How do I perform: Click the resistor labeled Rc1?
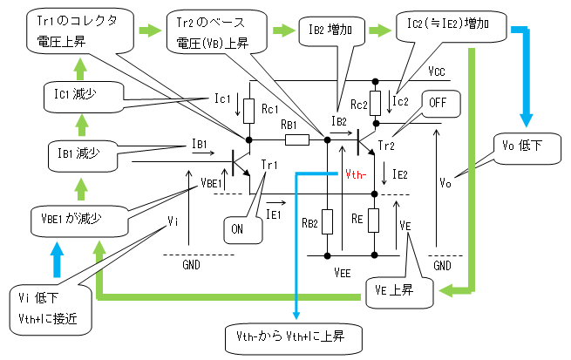(x=249, y=111)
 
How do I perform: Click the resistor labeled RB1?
(x=297, y=139)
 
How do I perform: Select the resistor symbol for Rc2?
(x=375, y=104)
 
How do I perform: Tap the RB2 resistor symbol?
(x=327, y=222)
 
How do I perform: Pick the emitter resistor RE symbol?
(x=375, y=221)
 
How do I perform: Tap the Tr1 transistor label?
(x=270, y=166)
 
